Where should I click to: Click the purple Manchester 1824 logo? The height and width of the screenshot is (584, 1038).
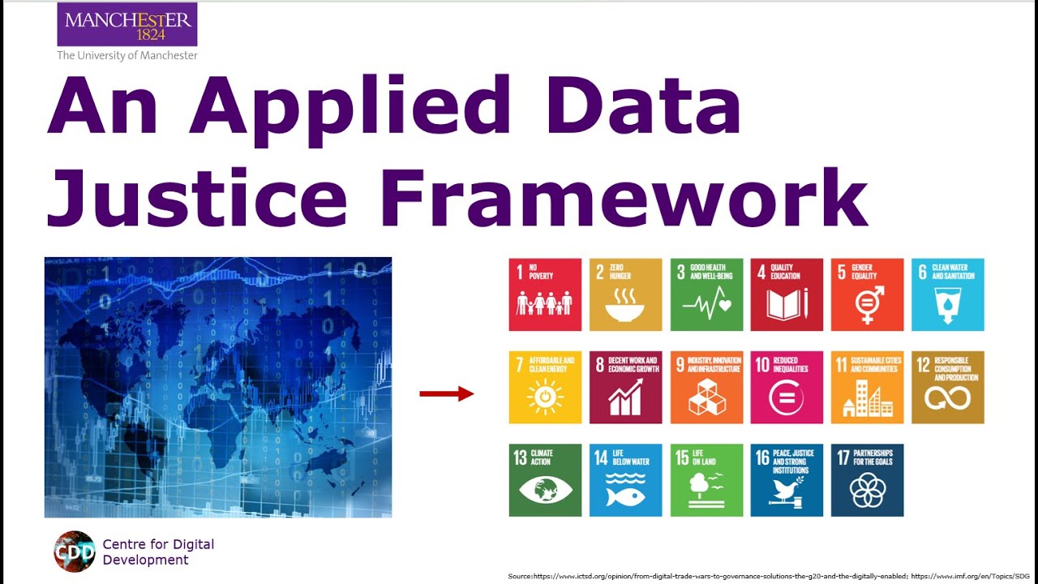[x=127, y=24]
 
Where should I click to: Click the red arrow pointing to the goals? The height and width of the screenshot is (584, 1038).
[x=446, y=394]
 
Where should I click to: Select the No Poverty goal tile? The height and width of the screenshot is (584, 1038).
[x=545, y=294]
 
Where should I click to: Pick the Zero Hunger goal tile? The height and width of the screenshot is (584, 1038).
[x=625, y=294]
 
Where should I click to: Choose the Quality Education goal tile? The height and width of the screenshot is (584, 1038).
[x=787, y=294]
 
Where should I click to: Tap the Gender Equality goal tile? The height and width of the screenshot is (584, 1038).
[x=867, y=294]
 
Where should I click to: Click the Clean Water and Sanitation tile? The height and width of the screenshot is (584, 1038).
[x=948, y=294]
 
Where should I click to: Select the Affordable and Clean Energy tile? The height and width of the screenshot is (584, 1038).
[x=545, y=387]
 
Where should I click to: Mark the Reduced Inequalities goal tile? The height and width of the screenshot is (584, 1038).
[x=787, y=387]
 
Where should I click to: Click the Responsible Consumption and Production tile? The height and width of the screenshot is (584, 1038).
[x=948, y=387]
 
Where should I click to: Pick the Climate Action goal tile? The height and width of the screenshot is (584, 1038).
[x=545, y=480]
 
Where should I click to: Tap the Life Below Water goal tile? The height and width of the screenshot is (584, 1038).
[x=625, y=480]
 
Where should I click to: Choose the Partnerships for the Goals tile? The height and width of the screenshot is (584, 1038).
[x=867, y=480]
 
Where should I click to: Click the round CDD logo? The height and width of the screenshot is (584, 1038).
[x=75, y=552]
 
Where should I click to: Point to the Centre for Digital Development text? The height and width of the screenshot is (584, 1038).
[x=158, y=552]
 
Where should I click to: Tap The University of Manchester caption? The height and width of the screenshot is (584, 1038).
[x=127, y=56]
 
